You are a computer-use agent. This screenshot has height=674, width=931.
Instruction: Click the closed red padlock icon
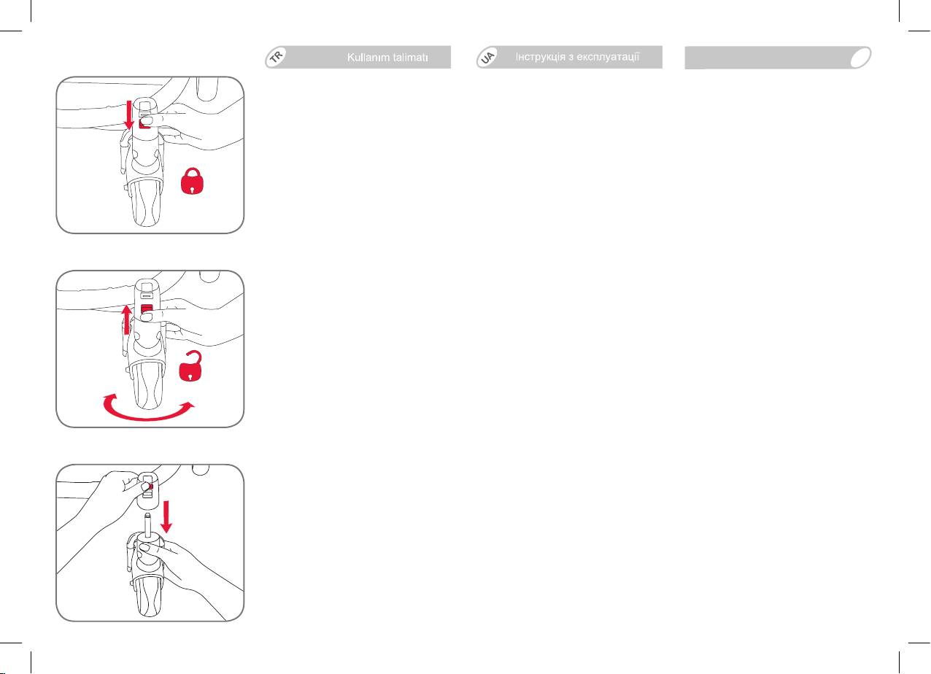click(x=192, y=181)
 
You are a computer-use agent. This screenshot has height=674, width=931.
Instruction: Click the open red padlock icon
click(x=190, y=366)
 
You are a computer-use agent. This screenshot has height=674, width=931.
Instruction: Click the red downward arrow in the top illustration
click(x=129, y=115)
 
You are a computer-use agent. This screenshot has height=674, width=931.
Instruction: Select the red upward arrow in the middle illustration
click(x=127, y=320)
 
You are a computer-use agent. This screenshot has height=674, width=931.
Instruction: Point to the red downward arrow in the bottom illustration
click(x=166, y=516)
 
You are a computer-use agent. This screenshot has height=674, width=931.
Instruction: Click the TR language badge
click(x=277, y=56)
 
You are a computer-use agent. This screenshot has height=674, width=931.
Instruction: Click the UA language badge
click(x=487, y=57)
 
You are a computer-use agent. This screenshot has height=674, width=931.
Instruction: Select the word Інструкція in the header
click(x=541, y=57)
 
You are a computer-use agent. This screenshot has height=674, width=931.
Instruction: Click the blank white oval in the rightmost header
click(x=860, y=58)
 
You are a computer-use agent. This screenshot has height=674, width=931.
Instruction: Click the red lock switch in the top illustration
click(x=144, y=123)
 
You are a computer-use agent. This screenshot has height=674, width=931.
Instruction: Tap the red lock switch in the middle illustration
click(x=147, y=309)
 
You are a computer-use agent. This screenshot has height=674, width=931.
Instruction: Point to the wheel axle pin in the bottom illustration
click(x=147, y=524)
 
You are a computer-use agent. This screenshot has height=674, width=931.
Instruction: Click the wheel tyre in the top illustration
click(x=147, y=204)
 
